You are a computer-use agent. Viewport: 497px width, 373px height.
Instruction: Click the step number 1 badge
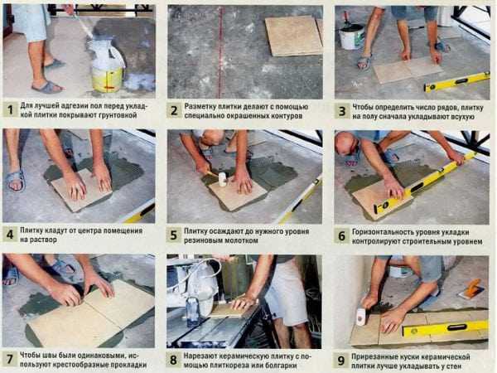pyautogui.click(x=11, y=110)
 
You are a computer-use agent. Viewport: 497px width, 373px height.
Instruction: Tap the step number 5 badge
pyautogui.click(x=173, y=235)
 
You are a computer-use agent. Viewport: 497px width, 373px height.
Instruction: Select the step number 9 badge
pyautogui.click(x=341, y=361)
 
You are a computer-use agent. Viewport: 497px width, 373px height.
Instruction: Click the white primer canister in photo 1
pyautogui.click(x=107, y=65)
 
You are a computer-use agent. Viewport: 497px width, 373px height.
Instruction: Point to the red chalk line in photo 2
pyautogui.click(x=220, y=52)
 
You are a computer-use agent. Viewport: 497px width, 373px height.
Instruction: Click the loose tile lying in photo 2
pyautogui.click(x=294, y=36)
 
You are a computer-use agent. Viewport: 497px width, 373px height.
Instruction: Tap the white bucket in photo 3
pyautogui.click(x=352, y=36)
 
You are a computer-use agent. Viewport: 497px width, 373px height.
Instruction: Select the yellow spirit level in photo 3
pyautogui.click(x=456, y=82)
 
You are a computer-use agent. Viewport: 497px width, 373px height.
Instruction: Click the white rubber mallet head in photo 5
pyautogui.click(x=222, y=180)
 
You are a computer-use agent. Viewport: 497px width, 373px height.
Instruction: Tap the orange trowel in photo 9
pyautogui.click(x=472, y=288)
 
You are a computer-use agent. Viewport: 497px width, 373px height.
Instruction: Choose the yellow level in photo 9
pyautogui.click(x=445, y=328)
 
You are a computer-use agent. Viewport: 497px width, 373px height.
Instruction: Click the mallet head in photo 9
pyautogui.click(x=360, y=317)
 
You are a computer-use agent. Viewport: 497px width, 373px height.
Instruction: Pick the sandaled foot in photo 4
pyautogui.click(x=15, y=180)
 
